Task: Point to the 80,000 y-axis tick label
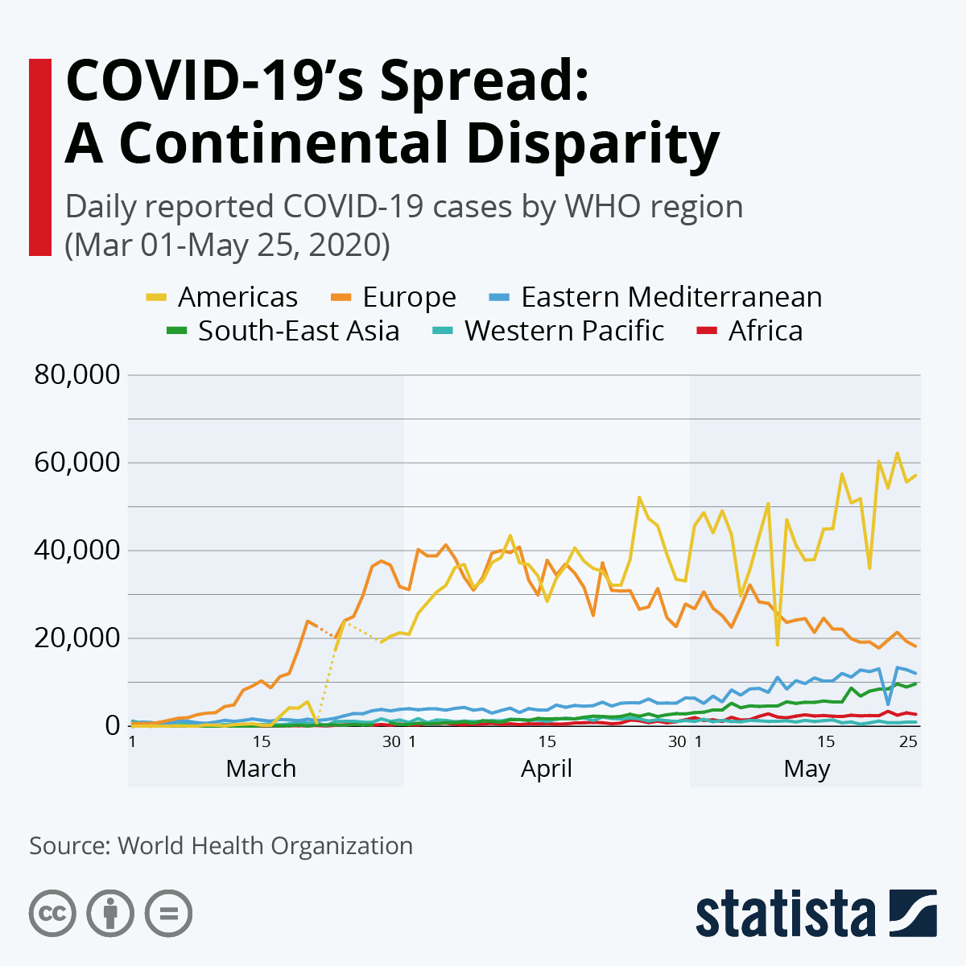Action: coord(77,374)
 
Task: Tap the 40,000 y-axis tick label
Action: coord(77,551)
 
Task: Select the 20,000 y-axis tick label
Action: coord(77,638)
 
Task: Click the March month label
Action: coord(261,769)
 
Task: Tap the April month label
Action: coord(546,769)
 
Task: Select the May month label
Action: coord(807,769)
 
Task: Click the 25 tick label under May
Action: coord(908,741)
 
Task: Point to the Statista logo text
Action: coord(786,914)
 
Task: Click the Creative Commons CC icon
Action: coord(52,914)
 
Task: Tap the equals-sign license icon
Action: coord(168,914)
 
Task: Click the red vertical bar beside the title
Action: coord(39,157)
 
